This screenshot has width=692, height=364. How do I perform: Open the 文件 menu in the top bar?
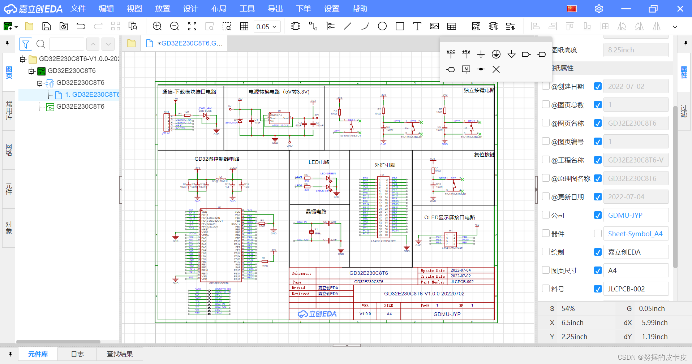point(78,9)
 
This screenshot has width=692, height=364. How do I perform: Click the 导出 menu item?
point(275,9)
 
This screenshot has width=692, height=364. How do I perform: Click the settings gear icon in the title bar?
point(599,9)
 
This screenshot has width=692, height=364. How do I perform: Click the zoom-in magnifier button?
point(157,26)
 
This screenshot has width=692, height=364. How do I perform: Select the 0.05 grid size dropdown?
point(267,27)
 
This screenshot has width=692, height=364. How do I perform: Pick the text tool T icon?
point(417,26)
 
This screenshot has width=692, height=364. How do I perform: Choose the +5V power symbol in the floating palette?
point(466,54)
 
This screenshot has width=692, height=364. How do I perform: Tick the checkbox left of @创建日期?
point(546,86)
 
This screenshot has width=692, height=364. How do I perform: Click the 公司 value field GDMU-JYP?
point(635,215)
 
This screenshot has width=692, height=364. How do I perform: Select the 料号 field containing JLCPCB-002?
point(635,289)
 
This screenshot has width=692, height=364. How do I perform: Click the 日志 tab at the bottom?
point(77,354)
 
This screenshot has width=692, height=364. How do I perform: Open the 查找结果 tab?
point(120,354)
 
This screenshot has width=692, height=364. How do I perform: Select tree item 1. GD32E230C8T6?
point(92,95)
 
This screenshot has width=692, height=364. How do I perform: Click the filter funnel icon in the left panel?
point(26,44)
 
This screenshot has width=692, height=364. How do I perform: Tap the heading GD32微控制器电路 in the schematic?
point(217,159)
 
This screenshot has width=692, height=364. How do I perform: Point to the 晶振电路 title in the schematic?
point(316,212)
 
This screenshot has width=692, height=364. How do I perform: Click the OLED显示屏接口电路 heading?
point(449,217)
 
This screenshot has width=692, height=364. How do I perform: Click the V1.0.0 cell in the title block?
point(365,314)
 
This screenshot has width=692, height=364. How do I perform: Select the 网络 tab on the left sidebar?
point(9,149)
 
